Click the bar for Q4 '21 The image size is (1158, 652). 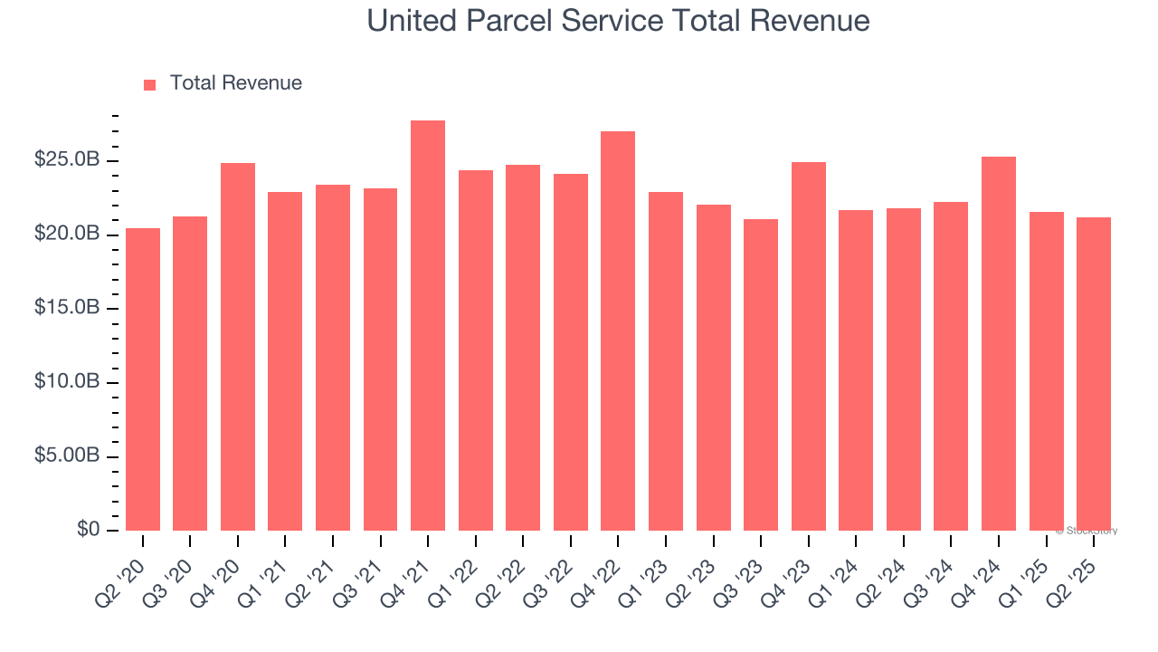428,326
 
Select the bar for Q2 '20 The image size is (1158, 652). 143,379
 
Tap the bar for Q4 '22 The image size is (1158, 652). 618,331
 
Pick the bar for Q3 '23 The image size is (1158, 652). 761,375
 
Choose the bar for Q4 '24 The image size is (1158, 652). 999,344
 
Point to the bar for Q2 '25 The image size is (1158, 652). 1094,374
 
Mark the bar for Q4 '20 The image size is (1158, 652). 238,347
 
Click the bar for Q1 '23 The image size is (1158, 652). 666,361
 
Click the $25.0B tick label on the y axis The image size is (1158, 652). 67,160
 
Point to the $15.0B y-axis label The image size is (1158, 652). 67,308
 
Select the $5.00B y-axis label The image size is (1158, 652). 67,455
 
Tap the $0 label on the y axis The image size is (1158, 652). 88,529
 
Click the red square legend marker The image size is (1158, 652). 150,84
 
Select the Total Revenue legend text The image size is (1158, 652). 236,83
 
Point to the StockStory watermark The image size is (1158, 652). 1087,531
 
